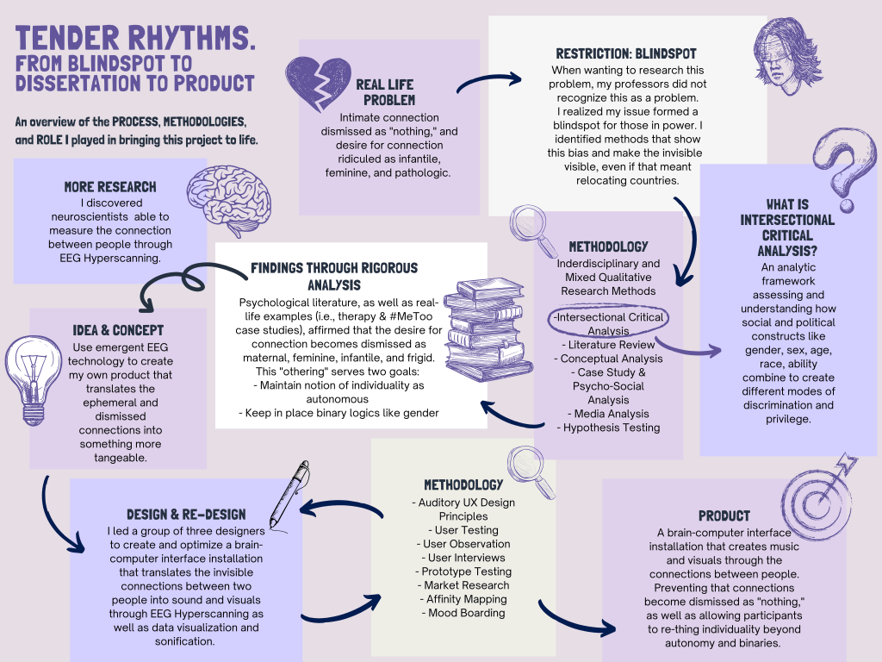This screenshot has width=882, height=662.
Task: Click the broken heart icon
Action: point(316,85)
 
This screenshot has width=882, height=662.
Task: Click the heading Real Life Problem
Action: point(384,92)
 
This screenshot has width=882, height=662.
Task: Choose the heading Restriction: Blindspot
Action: point(626,53)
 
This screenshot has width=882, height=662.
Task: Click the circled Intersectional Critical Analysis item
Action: point(609,323)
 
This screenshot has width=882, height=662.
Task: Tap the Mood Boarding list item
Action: point(466,613)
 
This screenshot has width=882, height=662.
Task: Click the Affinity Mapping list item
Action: point(466,599)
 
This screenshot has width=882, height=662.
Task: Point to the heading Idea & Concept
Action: point(118,330)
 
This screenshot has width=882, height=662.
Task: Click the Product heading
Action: point(724,515)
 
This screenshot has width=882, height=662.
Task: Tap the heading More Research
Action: point(110,186)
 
